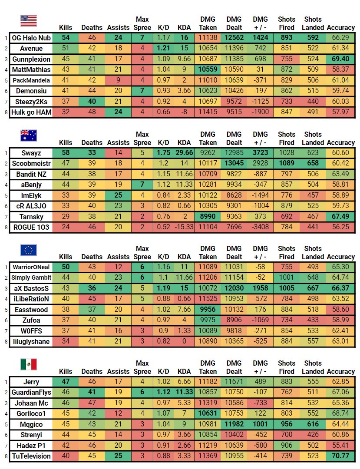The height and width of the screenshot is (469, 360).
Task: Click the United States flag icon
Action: point(29,21)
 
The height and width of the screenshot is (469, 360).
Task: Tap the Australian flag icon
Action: point(29,135)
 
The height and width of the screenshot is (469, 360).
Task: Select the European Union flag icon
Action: point(29,250)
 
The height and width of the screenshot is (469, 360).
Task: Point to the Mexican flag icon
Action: point(29,365)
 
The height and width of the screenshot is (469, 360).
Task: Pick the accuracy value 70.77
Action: point(340,456)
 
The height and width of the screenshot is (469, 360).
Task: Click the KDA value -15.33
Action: point(184,227)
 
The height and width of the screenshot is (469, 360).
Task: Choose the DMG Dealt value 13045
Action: point(234,163)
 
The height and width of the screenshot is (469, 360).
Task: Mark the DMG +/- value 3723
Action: point(260,153)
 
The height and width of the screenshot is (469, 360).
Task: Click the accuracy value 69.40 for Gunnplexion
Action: point(340,59)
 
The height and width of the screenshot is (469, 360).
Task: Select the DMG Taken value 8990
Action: point(208,216)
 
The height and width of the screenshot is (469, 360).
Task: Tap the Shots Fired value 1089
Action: point(287,163)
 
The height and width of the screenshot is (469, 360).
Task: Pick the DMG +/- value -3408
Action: point(260,227)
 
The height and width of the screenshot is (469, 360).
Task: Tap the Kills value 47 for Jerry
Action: point(66,382)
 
